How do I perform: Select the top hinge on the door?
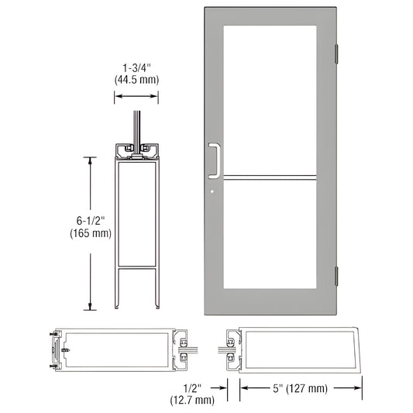pyautogui.click(x=336, y=53)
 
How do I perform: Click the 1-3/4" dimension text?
pyautogui.click(x=137, y=67)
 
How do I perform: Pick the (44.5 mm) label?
pyautogui.click(x=137, y=79)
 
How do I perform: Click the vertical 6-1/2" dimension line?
pyautogui.click(x=92, y=232)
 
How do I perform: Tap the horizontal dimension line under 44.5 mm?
pyautogui.click(x=137, y=96)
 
